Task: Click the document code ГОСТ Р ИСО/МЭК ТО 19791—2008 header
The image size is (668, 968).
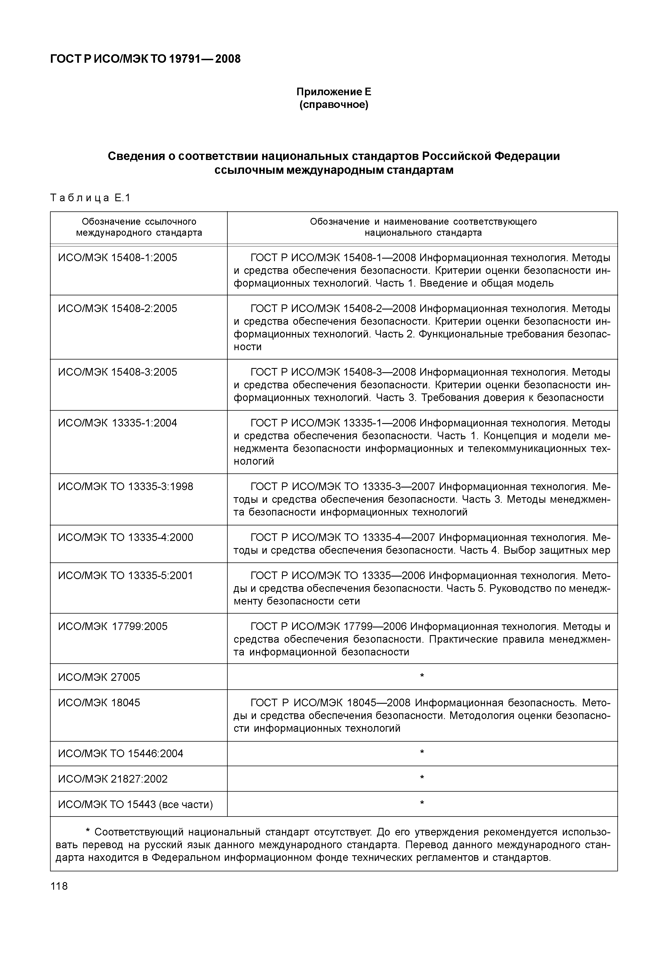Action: (145, 59)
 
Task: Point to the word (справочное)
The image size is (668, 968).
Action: (334, 105)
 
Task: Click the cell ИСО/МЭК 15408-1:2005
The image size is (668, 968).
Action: (118, 258)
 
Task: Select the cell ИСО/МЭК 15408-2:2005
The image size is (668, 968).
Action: (118, 309)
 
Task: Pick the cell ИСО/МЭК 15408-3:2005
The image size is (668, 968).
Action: (118, 372)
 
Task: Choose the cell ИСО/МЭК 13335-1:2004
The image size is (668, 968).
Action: (118, 423)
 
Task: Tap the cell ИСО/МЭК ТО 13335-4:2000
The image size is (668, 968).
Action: (126, 538)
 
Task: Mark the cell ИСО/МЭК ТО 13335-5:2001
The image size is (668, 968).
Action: (126, 576)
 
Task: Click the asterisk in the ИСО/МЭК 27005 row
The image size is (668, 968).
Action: (422, 676)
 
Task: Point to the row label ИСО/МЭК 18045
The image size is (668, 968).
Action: (99, 703)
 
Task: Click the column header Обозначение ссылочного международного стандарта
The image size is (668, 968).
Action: (139, 227)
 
